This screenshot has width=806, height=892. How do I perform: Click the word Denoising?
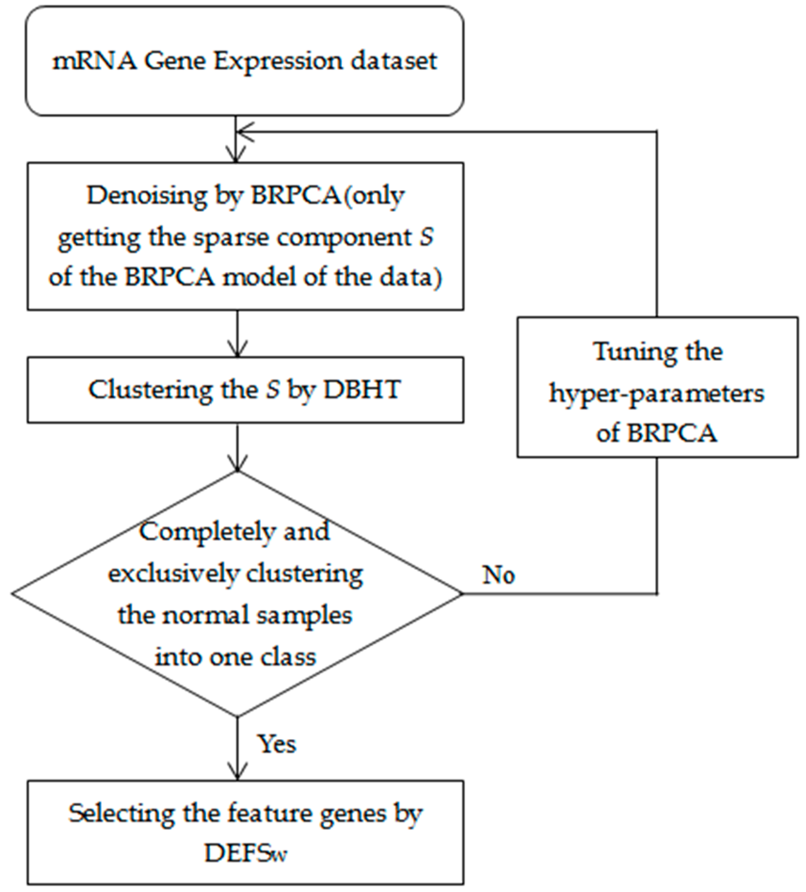coord(147,196)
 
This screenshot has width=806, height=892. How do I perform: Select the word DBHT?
coord(362,390)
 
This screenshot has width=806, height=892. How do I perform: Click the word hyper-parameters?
coord(657,393)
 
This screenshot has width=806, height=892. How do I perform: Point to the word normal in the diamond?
coord(197,615)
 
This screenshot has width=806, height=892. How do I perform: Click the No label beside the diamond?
coord(498,575)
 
